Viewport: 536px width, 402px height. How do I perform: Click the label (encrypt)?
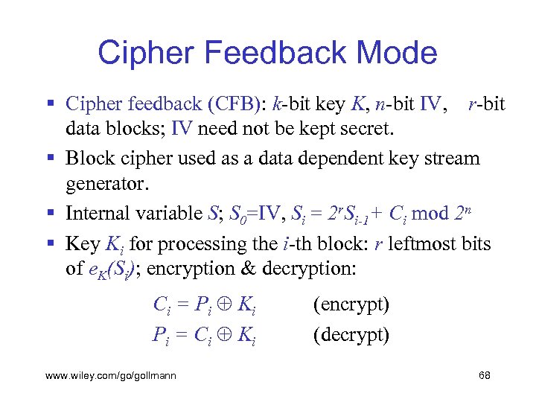click(x=351, y=304)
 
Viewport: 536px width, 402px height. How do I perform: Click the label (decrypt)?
click(x=351, y=334)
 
